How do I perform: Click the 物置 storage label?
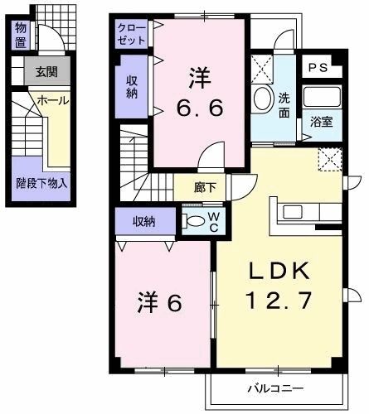(20, 35)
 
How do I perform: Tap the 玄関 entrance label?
(46, 71)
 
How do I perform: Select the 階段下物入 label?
(41, 183)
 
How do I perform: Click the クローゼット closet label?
(131, 34)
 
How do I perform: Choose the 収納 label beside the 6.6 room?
(132, 85)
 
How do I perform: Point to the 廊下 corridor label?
(205, 188)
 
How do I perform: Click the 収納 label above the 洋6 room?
(144, 220)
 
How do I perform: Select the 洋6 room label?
(159, 302)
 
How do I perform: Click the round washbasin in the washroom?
(263, 100)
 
